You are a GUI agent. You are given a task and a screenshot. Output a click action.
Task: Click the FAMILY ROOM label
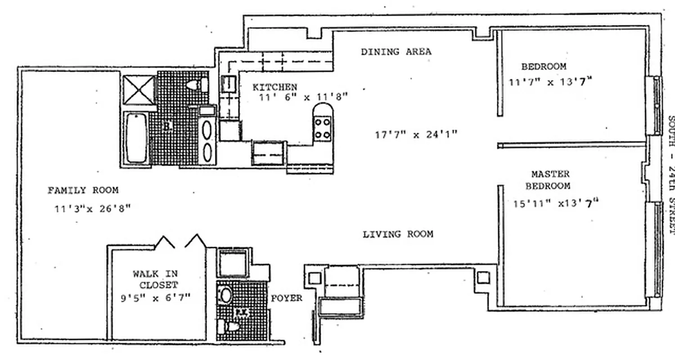83,190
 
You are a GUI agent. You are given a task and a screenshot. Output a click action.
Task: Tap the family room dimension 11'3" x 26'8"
92,208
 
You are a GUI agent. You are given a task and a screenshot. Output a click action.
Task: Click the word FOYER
286,298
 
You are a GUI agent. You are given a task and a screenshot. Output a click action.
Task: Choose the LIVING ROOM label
398,234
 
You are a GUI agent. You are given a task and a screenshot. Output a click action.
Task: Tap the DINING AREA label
396,52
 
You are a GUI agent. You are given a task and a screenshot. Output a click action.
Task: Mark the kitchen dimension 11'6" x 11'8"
303,97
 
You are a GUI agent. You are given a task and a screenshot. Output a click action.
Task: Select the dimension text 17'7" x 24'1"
416,135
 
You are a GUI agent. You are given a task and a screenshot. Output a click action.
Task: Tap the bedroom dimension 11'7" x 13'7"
550,82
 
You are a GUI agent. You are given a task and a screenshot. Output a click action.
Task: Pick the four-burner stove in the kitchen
322,128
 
